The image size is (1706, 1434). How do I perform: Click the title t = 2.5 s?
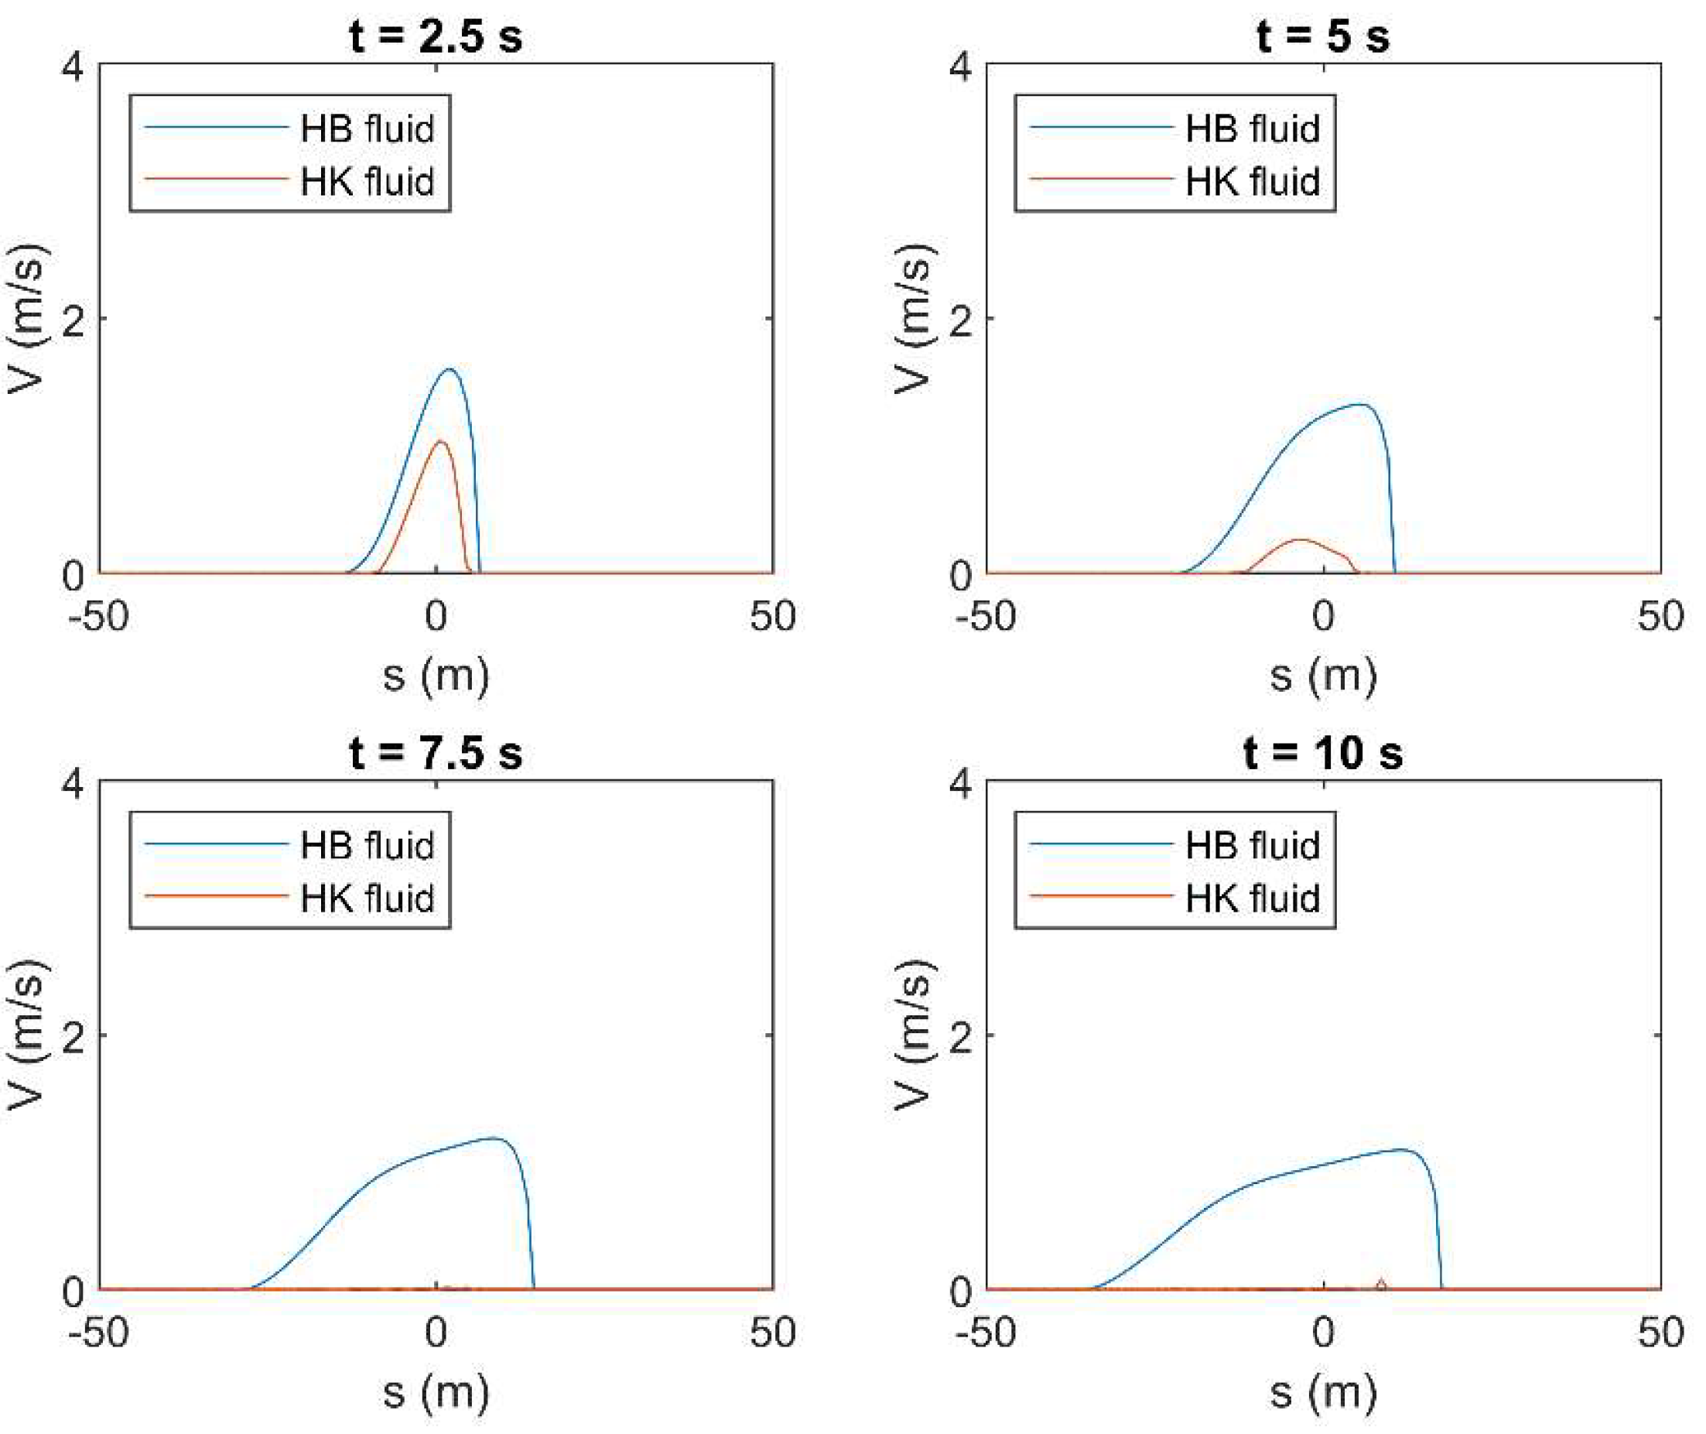coord(436,36)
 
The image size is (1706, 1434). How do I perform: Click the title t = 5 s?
coord(1322,36)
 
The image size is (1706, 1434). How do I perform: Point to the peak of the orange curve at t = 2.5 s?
coord(439,442)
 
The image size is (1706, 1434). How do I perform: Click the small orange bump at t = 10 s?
coord(1381,1282)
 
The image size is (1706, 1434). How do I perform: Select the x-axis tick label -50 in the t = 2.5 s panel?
coord(98,616)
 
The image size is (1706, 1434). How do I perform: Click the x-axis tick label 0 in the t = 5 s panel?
coord(1323,616)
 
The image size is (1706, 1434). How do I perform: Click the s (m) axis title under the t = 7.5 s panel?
coord(436,1392)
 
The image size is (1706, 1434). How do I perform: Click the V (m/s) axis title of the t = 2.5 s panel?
coord(26,318)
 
